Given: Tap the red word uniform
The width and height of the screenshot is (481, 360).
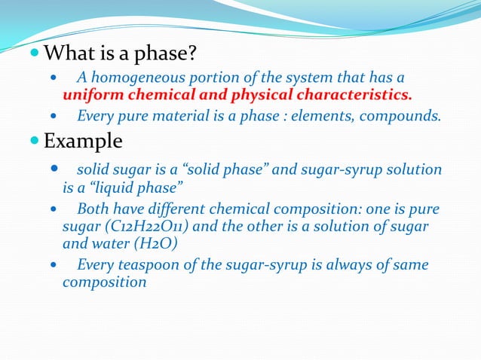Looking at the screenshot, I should pyautogui.click(x=90, y=96).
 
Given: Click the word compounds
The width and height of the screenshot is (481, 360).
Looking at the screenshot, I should pyautogui.click(x=406, y=117).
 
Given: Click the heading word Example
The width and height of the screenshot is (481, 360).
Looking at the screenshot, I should pyautogui.click(x=83, y=141).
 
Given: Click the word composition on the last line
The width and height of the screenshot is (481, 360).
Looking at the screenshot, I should pyautogui.click(x=105, y=282).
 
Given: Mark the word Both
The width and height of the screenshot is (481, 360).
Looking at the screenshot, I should pyautogui.click(x=93, y=209).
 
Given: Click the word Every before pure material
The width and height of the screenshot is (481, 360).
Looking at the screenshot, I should pyautogui.click(x=95, y=117).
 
